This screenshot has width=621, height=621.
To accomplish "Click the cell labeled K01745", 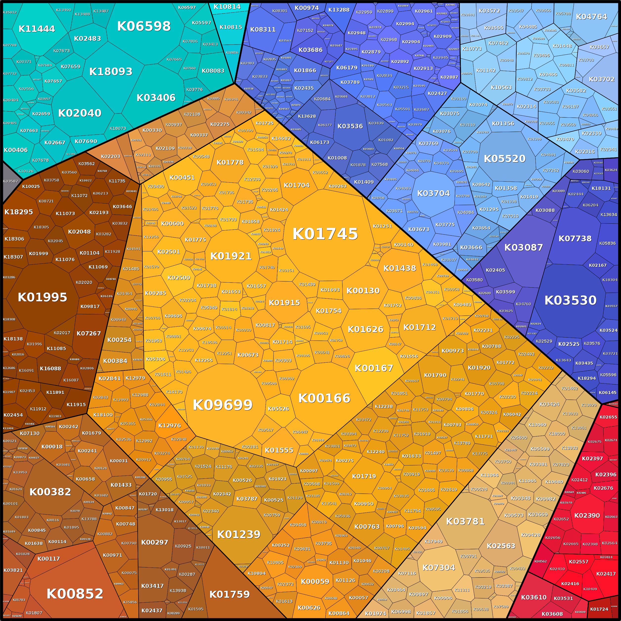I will (325, 234).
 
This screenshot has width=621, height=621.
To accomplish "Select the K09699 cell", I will (222, 405).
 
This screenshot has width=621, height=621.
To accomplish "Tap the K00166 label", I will (324, 398).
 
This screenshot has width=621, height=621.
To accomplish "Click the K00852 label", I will (75, 594).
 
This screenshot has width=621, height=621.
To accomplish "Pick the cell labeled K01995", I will (43, 297).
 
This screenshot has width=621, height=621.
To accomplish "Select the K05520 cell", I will (504, 158).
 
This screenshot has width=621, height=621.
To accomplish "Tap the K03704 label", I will (433, 193).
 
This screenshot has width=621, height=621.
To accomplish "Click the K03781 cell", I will (465, 521).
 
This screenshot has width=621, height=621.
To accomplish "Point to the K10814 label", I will (227, 7).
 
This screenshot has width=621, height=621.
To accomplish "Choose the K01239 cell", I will (239, 534).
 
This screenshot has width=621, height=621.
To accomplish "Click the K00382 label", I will (50, 492).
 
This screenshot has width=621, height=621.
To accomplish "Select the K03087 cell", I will (524, 247).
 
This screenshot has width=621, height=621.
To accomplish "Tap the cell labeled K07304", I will (438, 568).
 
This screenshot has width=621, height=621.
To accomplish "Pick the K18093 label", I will (111, 71).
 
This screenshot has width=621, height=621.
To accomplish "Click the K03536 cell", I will (350, 126).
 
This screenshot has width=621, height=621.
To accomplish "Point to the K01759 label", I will (229, 594).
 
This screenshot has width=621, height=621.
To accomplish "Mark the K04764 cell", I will (591, 17).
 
